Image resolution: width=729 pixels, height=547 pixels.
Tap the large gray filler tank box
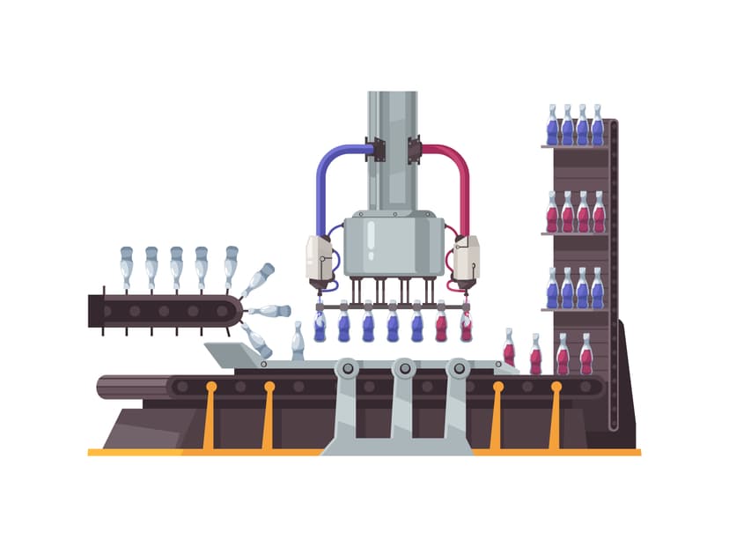point(394,246)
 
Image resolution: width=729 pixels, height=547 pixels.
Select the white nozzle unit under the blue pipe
point(319,259)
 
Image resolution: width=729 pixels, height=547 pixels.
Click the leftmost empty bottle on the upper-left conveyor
point(127,268)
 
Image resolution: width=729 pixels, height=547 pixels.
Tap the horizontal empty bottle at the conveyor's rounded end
point(269,311)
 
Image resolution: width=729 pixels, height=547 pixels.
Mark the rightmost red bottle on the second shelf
point(599,213)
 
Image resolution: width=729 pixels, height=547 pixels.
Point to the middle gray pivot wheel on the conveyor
point(403,368)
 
